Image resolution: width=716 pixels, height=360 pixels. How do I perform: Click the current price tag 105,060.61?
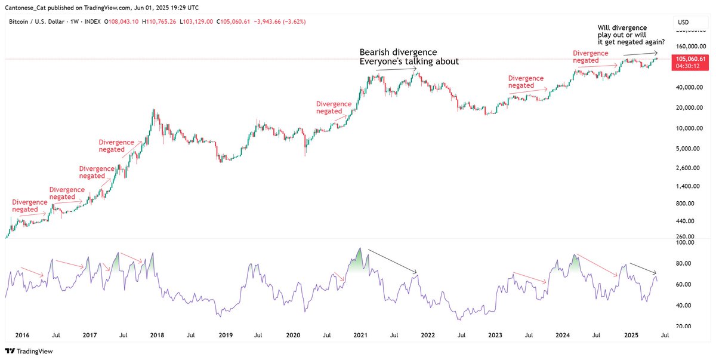tap(691, 59)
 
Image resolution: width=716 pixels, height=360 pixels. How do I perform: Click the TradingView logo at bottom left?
tap(29, 352)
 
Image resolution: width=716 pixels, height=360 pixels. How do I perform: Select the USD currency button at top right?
tap(684, 22)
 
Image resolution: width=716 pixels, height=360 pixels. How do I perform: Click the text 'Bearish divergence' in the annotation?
tap(398, 52)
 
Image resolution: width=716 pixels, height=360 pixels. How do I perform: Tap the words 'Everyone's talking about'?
tap(409, 62)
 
